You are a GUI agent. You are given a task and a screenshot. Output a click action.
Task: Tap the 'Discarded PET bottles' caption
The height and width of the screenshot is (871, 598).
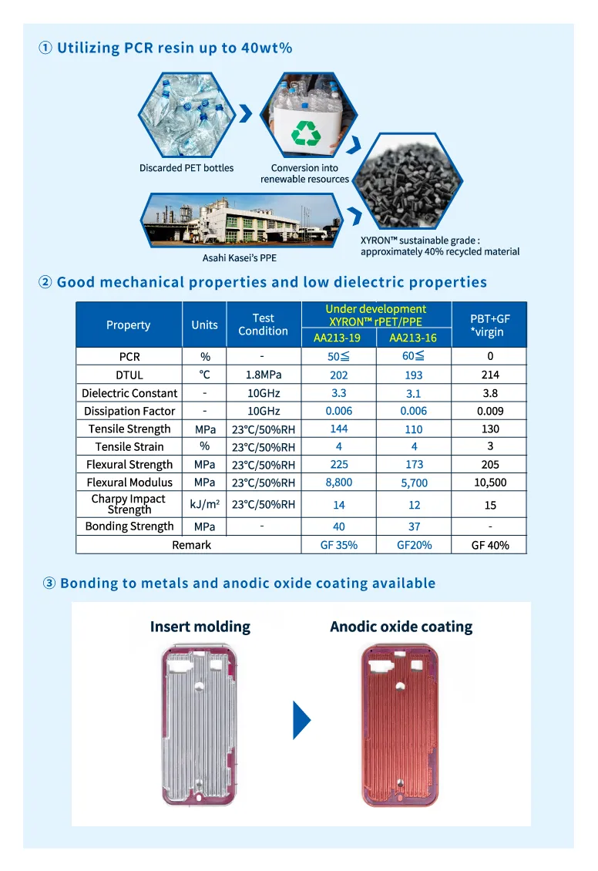[186, 168]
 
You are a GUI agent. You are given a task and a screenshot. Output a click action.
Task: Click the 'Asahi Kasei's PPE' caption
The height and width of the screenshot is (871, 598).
[239, 257]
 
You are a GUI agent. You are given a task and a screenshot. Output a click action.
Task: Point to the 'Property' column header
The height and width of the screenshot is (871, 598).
[129, 325]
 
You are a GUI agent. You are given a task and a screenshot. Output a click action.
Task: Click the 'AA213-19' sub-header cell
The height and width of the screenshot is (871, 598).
[338, 338]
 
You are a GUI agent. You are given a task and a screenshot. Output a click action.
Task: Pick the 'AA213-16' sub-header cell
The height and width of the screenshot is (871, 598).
[413, 338]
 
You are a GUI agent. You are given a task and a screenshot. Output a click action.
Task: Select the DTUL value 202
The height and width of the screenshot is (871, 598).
[338, 375]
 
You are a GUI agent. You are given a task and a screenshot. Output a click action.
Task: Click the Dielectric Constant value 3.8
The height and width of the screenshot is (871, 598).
[490, 393]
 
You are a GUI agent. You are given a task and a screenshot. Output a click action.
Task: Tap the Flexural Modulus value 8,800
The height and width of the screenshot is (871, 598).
[338, 483]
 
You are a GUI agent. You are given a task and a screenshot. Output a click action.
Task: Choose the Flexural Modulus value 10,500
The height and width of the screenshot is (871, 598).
[490, 483]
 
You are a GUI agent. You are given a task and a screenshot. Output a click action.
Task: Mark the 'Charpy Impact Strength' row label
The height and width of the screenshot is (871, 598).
[129, 504]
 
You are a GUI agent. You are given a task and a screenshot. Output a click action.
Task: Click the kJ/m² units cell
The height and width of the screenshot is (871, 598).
[204, 505]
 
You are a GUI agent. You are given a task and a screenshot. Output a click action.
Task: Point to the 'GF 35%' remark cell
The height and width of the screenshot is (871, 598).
[338, 545]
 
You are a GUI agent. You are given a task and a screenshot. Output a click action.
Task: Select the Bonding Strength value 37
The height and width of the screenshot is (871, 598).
[413, 526]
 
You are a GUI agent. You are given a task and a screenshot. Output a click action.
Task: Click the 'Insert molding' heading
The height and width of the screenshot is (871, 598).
[200, 627]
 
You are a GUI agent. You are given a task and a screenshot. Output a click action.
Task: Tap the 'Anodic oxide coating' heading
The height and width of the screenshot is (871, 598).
[401, 627]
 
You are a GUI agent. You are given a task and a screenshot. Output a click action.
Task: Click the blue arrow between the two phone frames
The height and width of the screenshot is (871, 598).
[301, 720]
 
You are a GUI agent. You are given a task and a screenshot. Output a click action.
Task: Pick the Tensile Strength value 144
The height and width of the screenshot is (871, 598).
[338, 429]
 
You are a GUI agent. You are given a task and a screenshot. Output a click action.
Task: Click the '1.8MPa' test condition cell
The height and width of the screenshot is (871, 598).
[263, 375]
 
